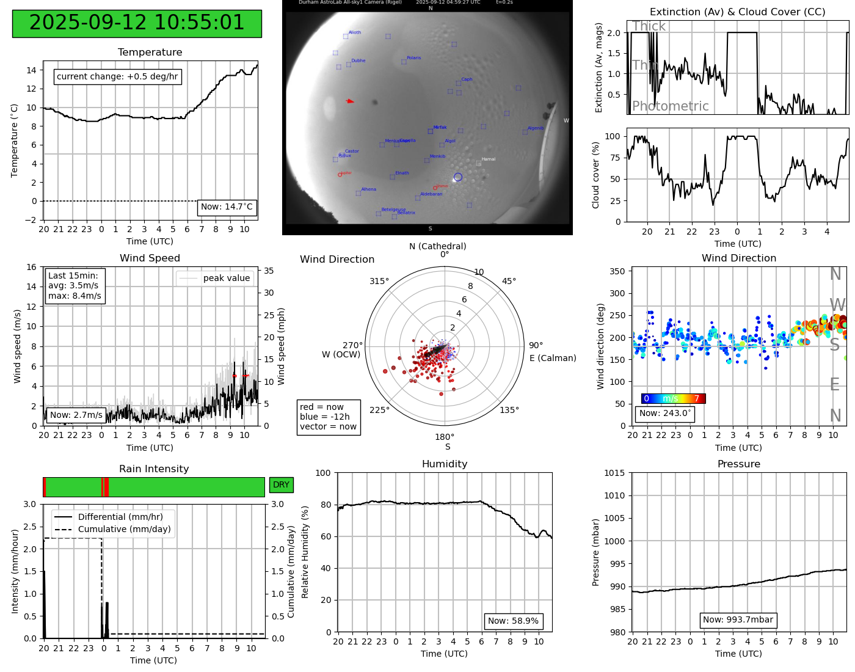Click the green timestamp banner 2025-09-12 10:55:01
click(x=137, y=23)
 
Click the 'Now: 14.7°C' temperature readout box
click(x=227, y=207)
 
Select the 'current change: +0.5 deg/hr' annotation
click(x=117, y=77)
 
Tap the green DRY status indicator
click(x=281, y=485)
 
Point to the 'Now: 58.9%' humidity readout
click(x=513, y=621)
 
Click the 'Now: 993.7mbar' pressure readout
click(x=738, y=620)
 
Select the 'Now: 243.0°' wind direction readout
click(x=665, y=414)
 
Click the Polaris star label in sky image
click(x=413, y=58)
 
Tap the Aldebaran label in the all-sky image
click(x=431, y=194)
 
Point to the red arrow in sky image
click(x=350, y=101)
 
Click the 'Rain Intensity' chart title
click(x=154, y=469)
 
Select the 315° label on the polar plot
click(x=379, y=282)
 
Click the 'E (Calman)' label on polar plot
click(x=553, y=359)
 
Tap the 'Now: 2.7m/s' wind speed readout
click(x=76, y=415)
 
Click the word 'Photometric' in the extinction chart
click(x=670, y=106)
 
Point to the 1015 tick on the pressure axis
click(x=614, y=473)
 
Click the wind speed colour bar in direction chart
click(x=673, y=399)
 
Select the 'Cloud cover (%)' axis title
click(x=596, y=175)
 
